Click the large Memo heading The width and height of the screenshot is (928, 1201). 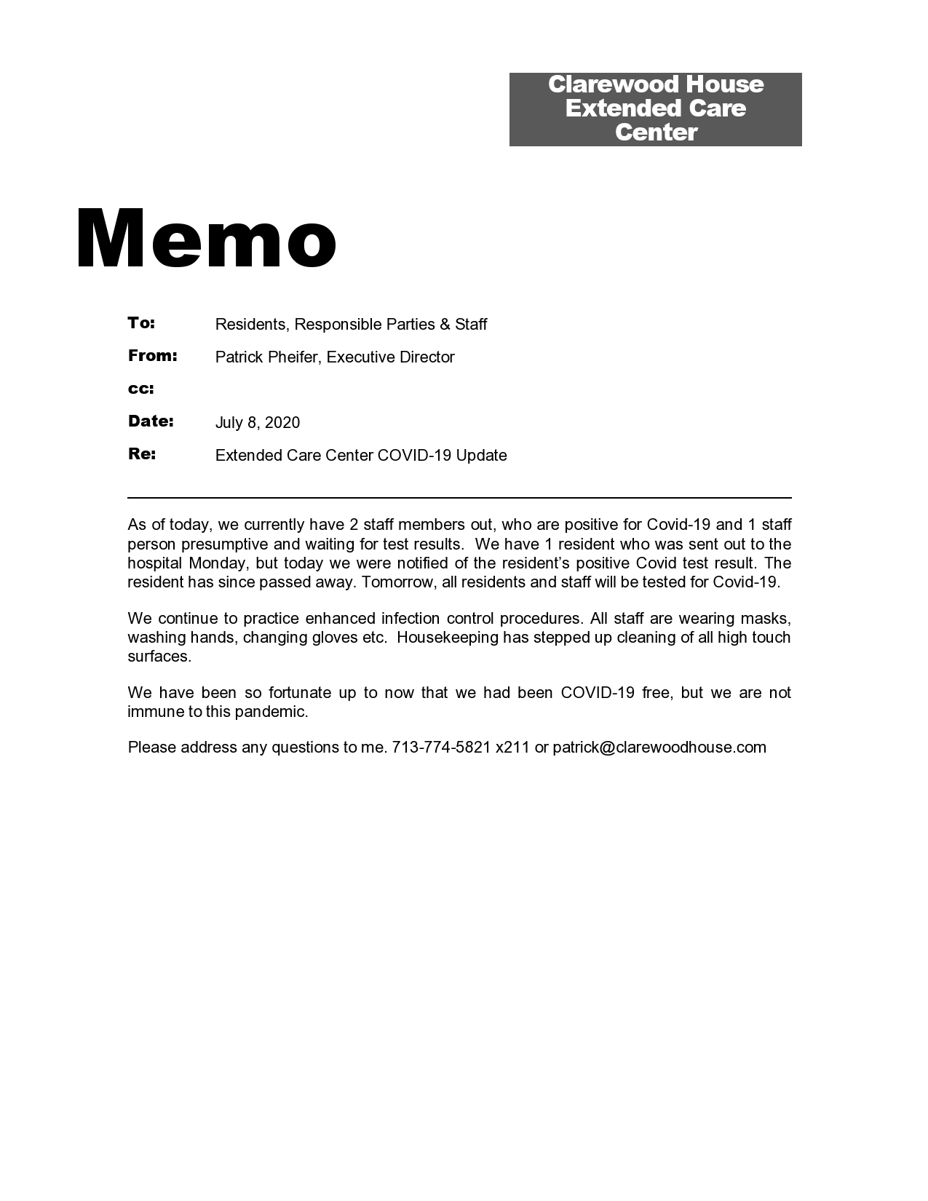point(206,239)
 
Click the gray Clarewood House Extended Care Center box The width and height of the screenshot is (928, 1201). point(655,109)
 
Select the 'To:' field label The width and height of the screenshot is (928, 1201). point(142,322)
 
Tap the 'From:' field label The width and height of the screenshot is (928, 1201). point(153,355)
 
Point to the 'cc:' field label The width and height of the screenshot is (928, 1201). point(141,389)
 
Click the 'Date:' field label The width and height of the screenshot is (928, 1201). point(151,421)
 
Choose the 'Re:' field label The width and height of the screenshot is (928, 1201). point(142,453)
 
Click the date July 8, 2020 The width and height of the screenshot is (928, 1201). point(258,423)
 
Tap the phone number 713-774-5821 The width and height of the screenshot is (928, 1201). point(441,748)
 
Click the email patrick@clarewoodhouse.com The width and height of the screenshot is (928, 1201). point(659,748)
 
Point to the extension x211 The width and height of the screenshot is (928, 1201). point(512,748)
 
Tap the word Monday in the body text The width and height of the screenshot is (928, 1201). point(218,563)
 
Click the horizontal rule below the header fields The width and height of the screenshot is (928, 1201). point(459,498)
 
